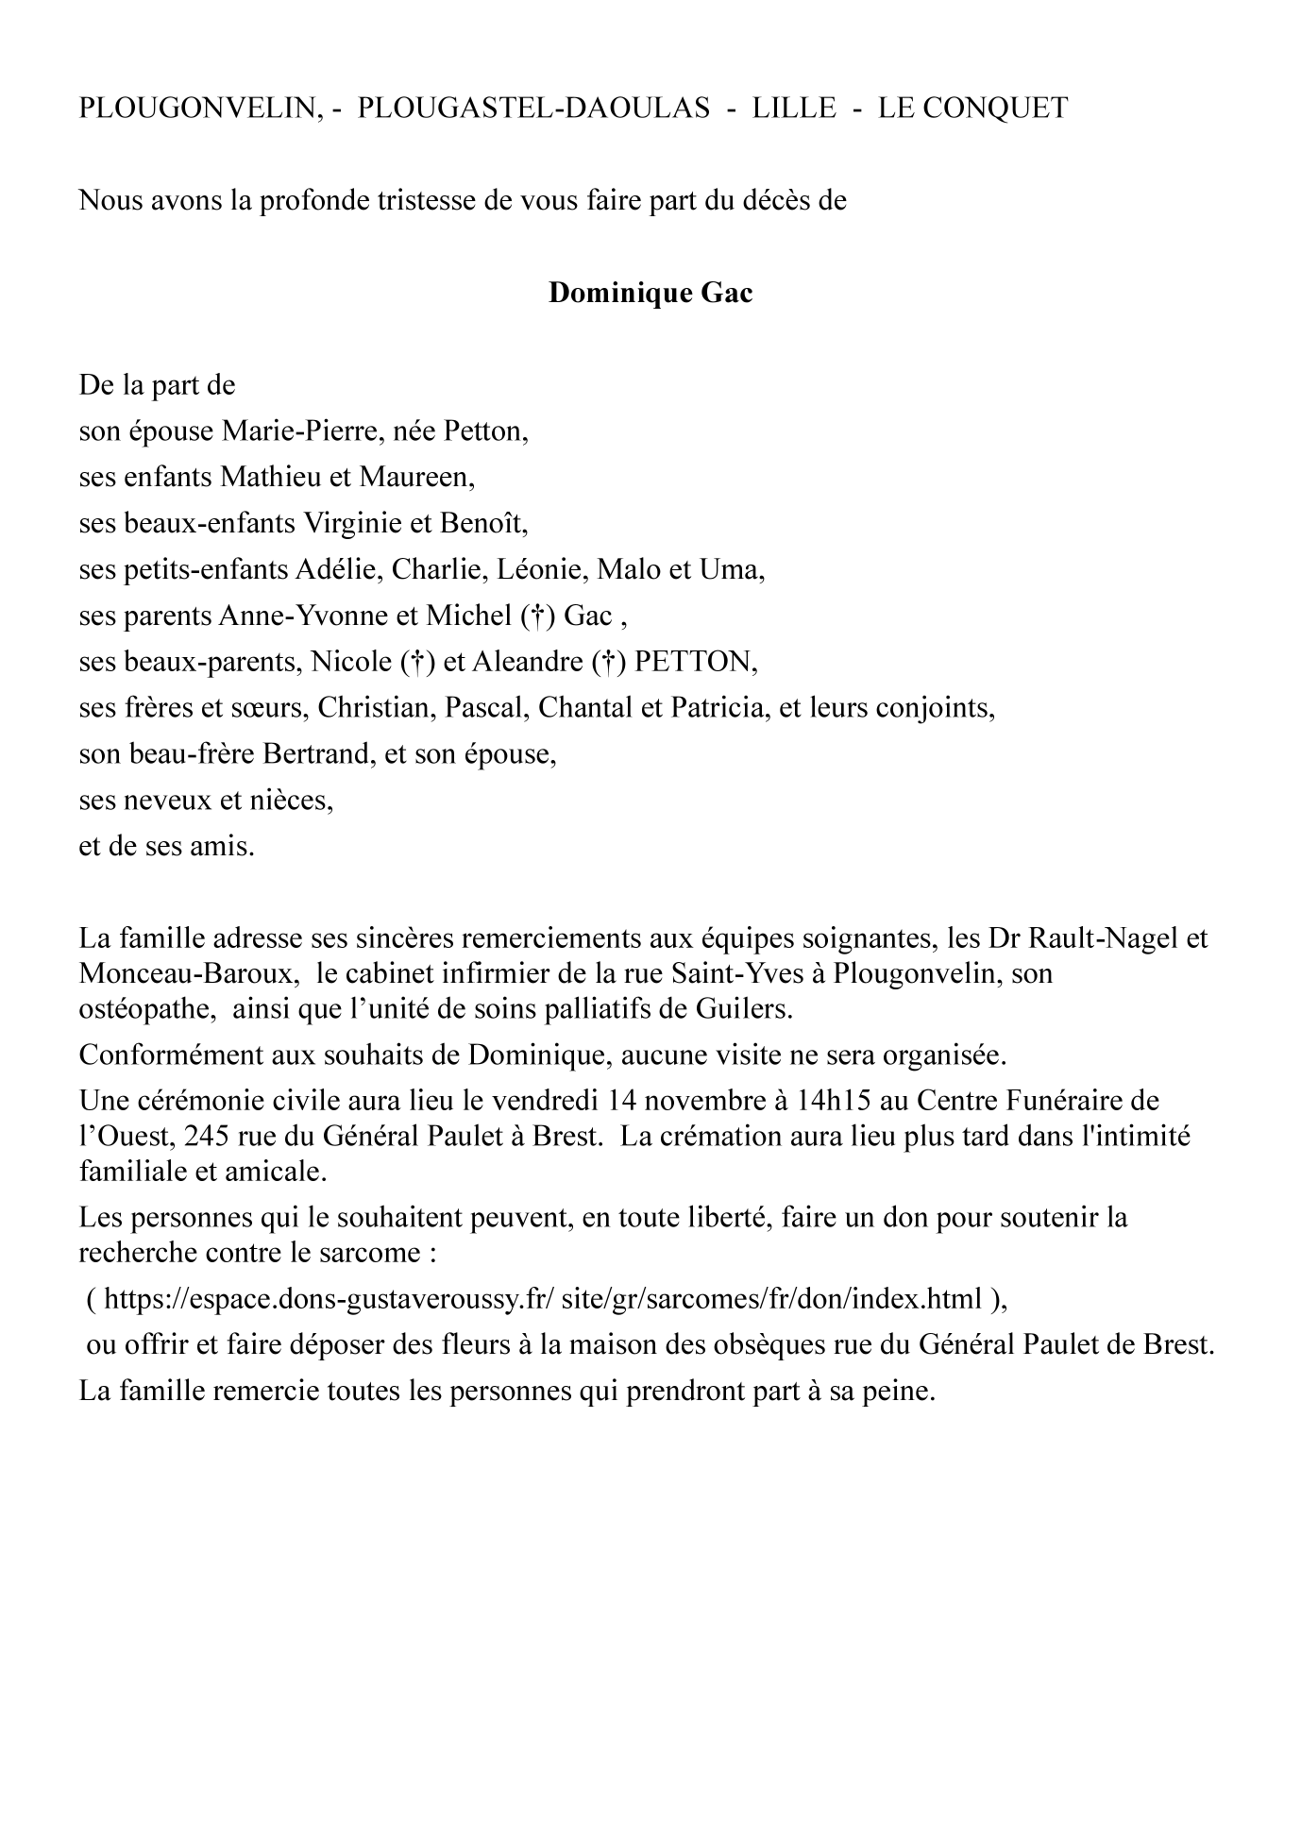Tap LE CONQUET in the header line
tap(972, 109)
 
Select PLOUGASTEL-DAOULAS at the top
tap(533, 109)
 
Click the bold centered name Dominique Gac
tap(650, 294)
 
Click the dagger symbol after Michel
tap(535, 616)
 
